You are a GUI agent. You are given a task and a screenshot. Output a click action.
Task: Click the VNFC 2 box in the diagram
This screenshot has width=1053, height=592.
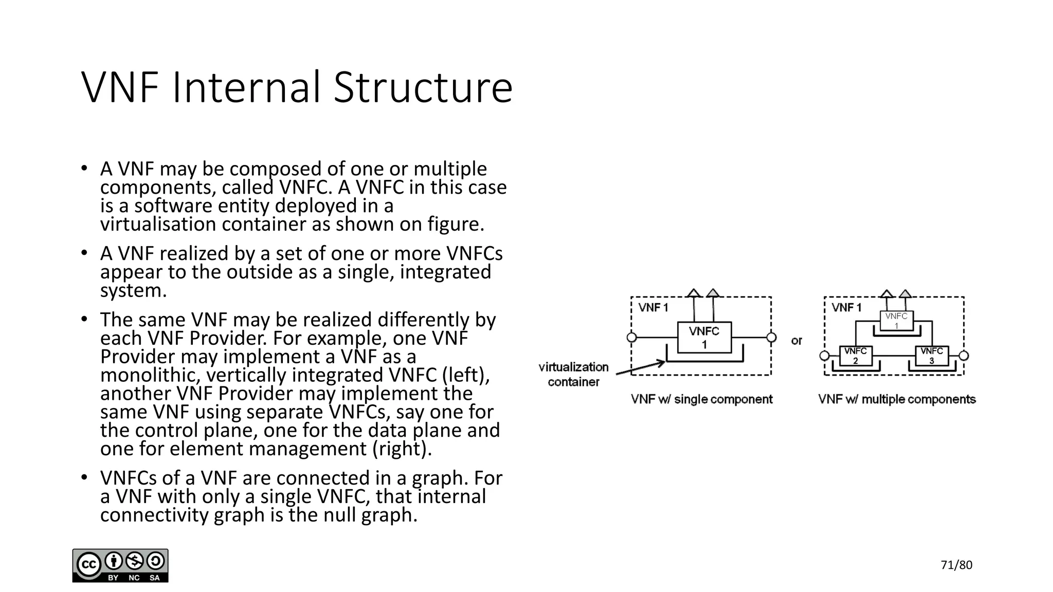(856, 356)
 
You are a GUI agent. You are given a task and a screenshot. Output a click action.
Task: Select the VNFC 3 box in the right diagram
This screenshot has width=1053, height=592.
(932, 356)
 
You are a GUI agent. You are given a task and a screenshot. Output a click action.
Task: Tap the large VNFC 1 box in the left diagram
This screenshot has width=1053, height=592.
(704, 338)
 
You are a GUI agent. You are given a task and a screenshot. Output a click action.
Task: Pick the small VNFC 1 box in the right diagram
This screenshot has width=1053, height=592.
(896, 321)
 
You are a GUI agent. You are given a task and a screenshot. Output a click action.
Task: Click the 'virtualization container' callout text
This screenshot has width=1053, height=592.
(573, 374)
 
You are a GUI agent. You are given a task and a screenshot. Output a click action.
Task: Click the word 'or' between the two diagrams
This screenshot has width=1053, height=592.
(796, 341)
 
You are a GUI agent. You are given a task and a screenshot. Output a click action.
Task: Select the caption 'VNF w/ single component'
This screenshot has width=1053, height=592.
(701, 399)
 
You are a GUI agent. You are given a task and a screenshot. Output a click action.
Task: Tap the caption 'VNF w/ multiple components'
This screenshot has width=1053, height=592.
(897, 399)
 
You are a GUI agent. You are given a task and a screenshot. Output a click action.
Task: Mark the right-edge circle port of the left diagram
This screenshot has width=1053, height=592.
(771, 338)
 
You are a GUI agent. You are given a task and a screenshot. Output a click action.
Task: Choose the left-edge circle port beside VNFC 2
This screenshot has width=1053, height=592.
(824, 356)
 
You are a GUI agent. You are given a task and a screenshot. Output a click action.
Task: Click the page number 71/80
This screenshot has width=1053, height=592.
(956, 565)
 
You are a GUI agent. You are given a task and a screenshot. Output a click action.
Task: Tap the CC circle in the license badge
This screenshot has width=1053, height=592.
(88, 564)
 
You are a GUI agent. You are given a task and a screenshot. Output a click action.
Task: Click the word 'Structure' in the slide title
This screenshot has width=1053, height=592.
(423, 87)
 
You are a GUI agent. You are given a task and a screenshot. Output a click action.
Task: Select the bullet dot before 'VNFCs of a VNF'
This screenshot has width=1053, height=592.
(84, 477)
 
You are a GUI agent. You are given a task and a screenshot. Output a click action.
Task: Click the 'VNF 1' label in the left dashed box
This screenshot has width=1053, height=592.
(653, 308)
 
